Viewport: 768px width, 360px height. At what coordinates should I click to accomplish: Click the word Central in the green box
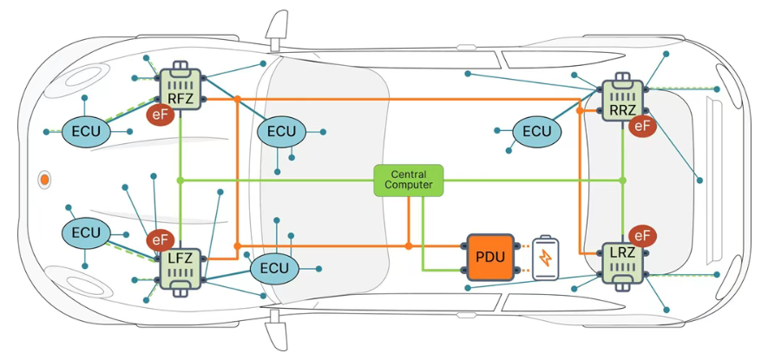point(409,174)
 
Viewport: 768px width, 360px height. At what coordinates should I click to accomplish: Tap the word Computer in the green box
point(409,185)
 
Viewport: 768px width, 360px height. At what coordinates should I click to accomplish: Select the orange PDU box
point(489,257)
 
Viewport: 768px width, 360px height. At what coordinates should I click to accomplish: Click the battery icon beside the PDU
point(546,259)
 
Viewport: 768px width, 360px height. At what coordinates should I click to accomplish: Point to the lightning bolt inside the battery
point(546,258)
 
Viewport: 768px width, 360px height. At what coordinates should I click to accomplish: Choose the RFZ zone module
point(181,88)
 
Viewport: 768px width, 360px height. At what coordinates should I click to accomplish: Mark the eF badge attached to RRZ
point(642,127)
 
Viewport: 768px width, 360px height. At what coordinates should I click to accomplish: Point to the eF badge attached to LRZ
point(642,236)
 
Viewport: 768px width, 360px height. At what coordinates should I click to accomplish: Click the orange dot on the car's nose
point(44,180)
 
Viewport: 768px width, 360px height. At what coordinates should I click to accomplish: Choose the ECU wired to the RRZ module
point(537,132)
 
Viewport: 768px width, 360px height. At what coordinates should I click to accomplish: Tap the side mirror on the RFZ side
point(276,31)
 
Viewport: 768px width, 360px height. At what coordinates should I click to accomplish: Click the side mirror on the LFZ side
point(275,329)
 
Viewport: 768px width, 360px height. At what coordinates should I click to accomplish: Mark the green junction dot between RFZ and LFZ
point(181,180)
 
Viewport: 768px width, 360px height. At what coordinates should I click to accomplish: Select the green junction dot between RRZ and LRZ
point(622,180)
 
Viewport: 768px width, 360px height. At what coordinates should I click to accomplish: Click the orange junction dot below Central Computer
point(409,245)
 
